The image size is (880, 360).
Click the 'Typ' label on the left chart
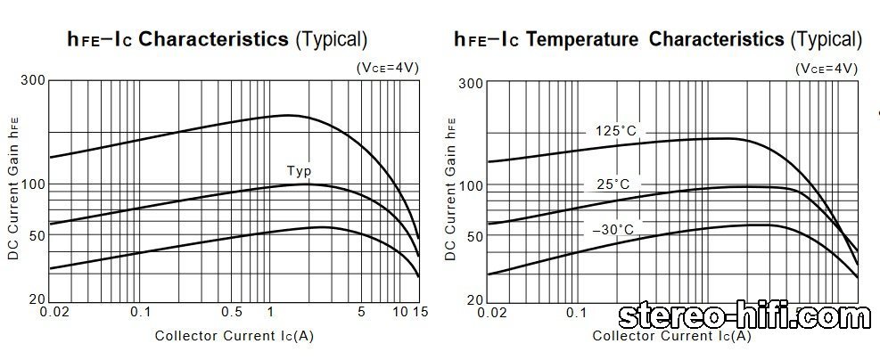(299, 171)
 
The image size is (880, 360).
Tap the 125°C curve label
(616, 132)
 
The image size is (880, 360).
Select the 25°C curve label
(613, 184)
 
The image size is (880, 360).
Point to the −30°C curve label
(613, 230)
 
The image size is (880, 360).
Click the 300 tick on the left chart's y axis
(32, 81)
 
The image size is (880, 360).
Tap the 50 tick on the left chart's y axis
(36, 235)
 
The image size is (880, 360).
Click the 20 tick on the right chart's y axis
(473, 300)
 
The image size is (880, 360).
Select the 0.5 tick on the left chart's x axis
(232, 312)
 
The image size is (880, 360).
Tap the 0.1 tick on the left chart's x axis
(141, 312)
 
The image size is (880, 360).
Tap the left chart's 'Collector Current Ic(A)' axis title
(234, 336)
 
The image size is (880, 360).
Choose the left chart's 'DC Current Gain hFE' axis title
(13, 192)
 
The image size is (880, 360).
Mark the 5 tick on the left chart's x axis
(362, 312)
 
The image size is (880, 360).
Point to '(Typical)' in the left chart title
(331, 39)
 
